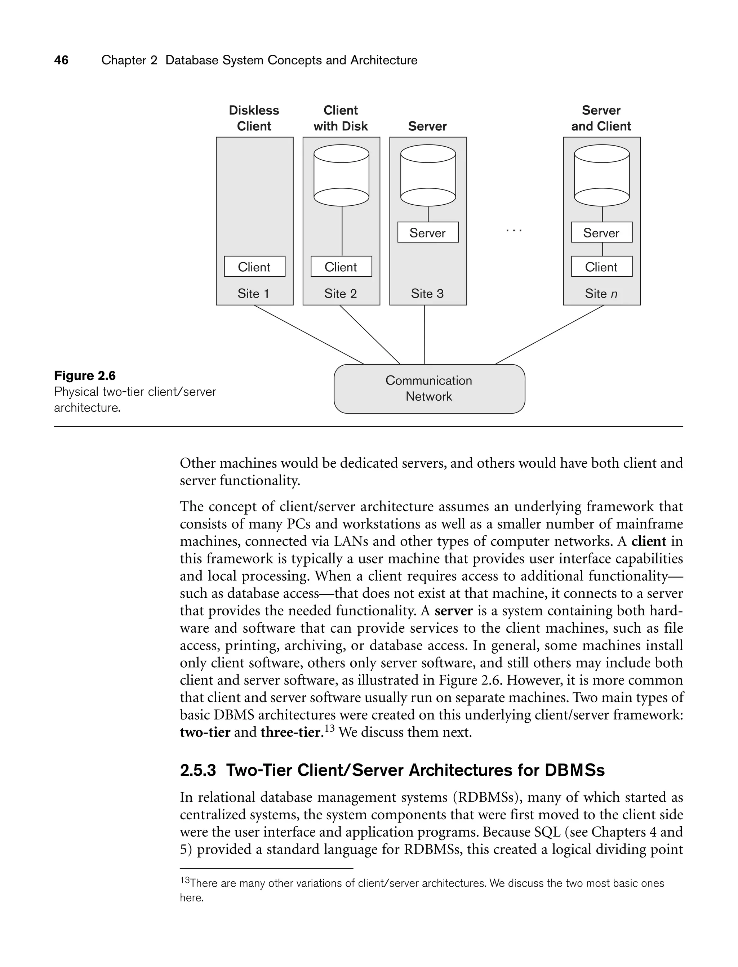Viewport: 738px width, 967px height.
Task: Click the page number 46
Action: point(61,60)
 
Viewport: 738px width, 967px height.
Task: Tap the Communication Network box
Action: point(429,389)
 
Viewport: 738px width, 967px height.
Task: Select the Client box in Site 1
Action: point(254,267)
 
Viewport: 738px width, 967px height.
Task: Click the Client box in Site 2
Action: point(341,267)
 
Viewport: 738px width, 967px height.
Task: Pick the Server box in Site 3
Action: point(427,232)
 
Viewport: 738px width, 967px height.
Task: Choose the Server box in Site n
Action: point(601,232)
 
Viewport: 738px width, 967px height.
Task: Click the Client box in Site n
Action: point(601,267)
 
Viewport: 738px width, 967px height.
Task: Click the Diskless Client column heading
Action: point(254,118)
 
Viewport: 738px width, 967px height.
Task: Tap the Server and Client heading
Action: point(601,118)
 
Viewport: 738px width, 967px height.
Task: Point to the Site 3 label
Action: point(427,293)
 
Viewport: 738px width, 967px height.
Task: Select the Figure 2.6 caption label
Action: point(85,375)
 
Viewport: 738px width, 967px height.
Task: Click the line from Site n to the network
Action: point(549,335)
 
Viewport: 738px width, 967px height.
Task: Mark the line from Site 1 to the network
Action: point(308,335)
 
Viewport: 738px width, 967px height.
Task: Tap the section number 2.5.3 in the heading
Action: point(198,770)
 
